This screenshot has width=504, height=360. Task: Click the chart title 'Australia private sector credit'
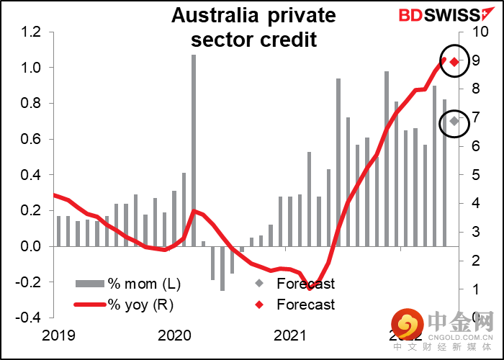tap(254, 27)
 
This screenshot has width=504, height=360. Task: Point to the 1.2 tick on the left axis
tap(31, 32)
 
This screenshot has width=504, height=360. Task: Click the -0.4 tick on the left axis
tap(29, 318)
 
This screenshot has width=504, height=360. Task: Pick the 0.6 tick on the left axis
tap(31, 139)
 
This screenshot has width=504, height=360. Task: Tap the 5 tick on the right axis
tap(467, 175)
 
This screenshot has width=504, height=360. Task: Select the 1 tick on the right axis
tap(467, 289)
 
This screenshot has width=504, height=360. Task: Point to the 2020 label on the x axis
tap(173, 336)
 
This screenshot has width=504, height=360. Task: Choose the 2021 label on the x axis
tap(289, 336)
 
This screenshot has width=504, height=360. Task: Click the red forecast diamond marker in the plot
tap(454, 61)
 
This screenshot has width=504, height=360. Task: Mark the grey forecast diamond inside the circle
tap(454, 121)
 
